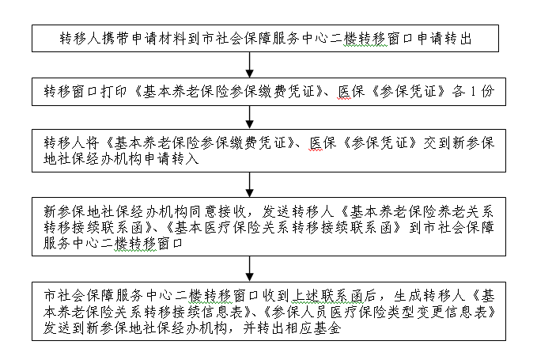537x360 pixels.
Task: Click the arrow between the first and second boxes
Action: click(x=250, y=65)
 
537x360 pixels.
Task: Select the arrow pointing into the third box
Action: click(x=250, y=117)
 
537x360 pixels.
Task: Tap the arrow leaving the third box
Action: click(x=250, y=184)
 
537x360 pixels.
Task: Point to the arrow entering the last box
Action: click(x=250, y=269)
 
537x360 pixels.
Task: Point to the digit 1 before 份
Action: click(x=473, y=92)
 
